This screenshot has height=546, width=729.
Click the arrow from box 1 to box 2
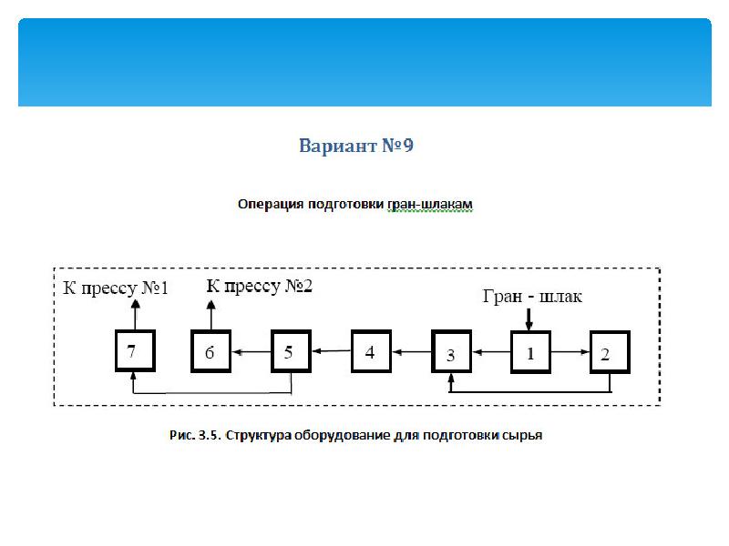click(x=570, y=352)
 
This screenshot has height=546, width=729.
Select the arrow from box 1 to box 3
click(x=491, y=352)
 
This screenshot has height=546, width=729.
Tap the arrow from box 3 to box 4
click(x=412, y=352)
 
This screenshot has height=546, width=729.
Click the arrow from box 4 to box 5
click(x=332, y=351)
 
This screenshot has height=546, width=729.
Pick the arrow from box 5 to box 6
click(x=252, y=352)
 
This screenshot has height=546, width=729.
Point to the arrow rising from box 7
click(x=135, y=315)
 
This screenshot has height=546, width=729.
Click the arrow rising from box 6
click(x=211, y=315)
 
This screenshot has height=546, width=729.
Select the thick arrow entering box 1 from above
click(x=529, y=319)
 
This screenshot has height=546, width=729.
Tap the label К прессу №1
click(x=116, y=288)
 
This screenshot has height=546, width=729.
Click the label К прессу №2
click(x=260, y=286)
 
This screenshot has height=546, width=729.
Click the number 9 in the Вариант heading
click(x=407, y=146)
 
